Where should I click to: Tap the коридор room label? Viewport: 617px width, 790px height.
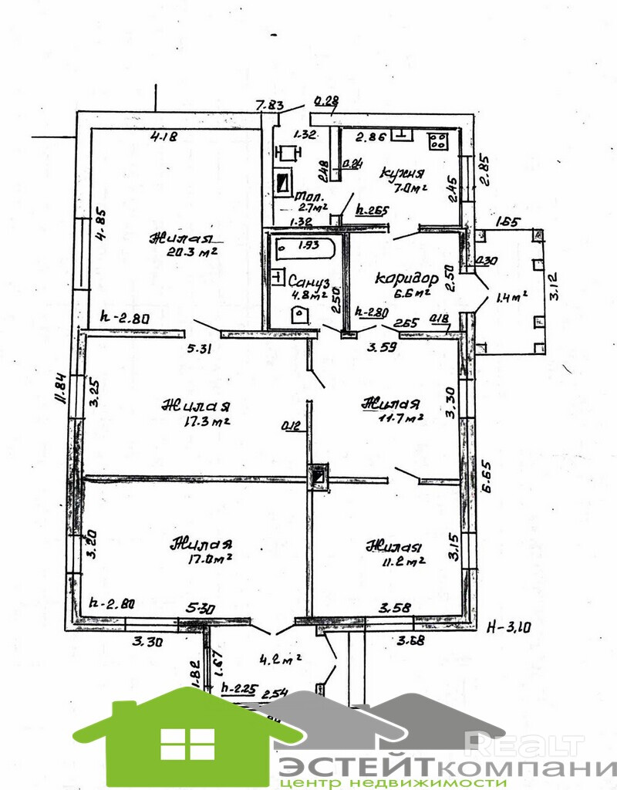click(406, 279)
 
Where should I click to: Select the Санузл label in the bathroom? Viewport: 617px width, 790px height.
click(308, 279)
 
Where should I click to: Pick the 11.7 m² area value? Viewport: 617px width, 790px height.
click(401, 418)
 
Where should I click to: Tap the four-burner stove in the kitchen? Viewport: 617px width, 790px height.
click(439, 140)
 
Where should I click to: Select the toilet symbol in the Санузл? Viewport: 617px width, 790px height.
click(298, 314)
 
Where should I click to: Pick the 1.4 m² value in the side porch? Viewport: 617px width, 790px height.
click(510, 295)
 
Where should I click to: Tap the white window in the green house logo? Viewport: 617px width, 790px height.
click(187, 744)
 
